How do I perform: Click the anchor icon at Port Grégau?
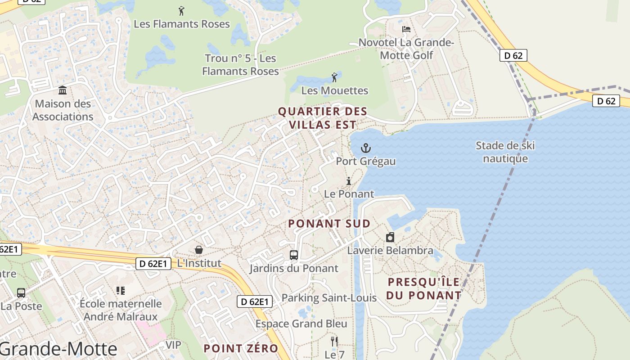pos(366,148)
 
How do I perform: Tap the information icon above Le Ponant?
pos(348,181)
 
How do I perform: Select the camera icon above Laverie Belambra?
pos(390,237)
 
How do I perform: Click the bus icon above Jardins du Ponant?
pos(294,255)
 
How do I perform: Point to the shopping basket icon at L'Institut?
pos(198,250)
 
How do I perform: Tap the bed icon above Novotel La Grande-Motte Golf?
pos(406,29)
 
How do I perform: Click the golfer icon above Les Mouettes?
pos(334,77)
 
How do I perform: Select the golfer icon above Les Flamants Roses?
pos(181,11)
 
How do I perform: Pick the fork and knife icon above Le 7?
pos(334,342)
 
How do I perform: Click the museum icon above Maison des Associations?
pos(63,90)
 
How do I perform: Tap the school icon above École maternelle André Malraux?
pos(120,291)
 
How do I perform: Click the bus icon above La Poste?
pos(21,293)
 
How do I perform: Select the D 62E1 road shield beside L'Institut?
pos(153,264)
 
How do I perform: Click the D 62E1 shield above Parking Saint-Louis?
pos(255,301)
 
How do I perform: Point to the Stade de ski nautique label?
pos(505,152)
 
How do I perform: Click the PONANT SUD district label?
pos(329,224)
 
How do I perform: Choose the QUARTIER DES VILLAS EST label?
pos(323,118)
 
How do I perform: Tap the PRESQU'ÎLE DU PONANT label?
pos(424,289)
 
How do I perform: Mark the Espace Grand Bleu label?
pos(301,324)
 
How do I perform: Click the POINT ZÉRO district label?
pos(241,348)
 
